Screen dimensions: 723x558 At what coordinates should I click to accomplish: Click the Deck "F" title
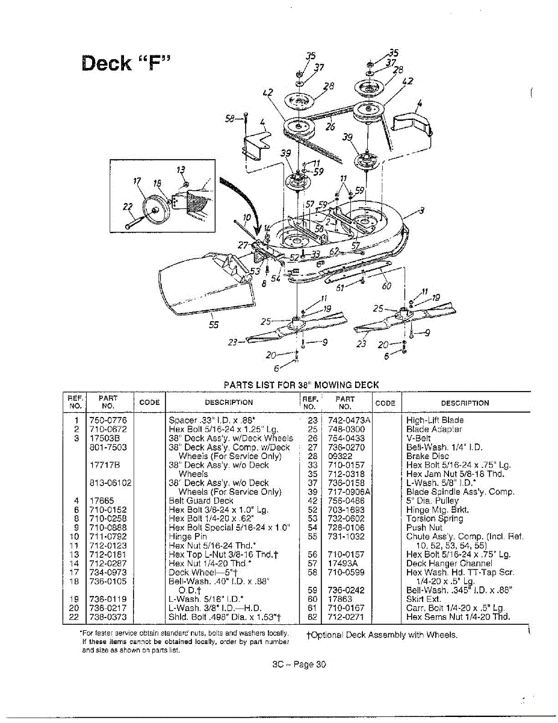126,63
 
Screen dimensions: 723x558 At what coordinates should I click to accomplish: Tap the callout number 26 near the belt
330,127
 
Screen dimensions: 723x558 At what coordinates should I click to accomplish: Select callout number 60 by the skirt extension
387,286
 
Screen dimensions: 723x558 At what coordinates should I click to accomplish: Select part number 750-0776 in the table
108,420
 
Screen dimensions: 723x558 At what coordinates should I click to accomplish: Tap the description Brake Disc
427,456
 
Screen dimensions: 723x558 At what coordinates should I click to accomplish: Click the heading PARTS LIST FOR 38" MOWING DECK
301,384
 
